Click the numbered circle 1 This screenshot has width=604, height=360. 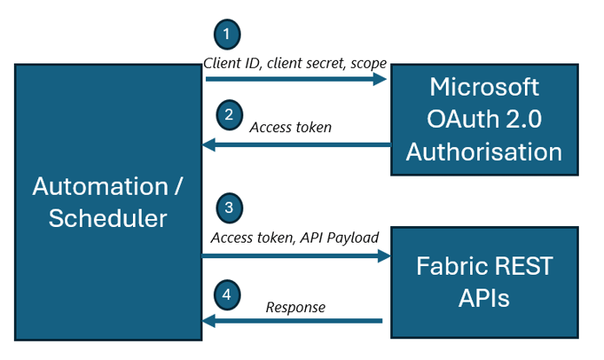tap(227, 36)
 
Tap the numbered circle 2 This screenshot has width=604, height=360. tap(227, 115)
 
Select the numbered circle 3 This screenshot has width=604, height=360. tap(227, 208)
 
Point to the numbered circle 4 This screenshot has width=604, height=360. tap(227, 295)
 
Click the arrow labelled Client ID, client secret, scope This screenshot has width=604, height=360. tap(295, 79)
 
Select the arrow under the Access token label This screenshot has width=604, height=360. tap(295, 146)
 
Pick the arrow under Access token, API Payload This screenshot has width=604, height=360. tap(295, 256)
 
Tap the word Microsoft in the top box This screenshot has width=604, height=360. tap(484, 87)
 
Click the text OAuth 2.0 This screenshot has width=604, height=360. tap(484, 119)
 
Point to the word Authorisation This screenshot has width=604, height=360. tap(484, 151)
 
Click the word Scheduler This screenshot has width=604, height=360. tap(107, 218)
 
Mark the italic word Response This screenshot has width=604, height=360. tap(295, 307)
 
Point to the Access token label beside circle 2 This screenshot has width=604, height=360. tap(290, 128)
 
